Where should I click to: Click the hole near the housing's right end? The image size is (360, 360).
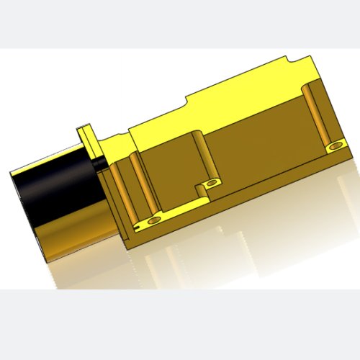click(333, 146)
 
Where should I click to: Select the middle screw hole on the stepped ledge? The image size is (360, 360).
click(211, 183)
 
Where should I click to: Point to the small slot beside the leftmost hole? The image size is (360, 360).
click(135, 225)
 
